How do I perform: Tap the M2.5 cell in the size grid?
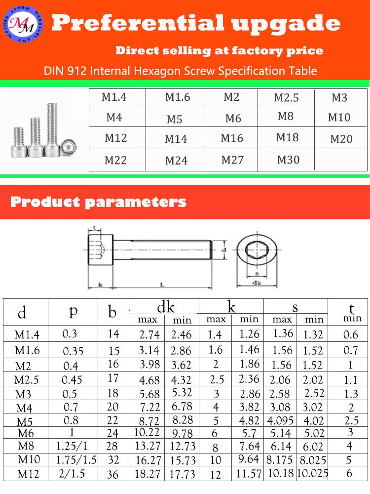click(x=286, y=98)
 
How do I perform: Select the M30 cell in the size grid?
click(x=288, y=160)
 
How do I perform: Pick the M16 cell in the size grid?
click(x=232, y=138)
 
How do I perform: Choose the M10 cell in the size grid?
click(x=339, y=118)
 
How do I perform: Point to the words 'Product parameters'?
click(x=98, y=202)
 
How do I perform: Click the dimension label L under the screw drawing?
click(x=162, y=285)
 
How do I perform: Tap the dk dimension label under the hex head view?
click(x=256, y=283)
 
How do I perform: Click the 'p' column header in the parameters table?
click(x=73, y=311)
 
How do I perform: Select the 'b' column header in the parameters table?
click(x=112, y=312)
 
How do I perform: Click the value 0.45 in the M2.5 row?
click(x=72, y=380)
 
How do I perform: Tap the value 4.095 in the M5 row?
click(x=281, y=421)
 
